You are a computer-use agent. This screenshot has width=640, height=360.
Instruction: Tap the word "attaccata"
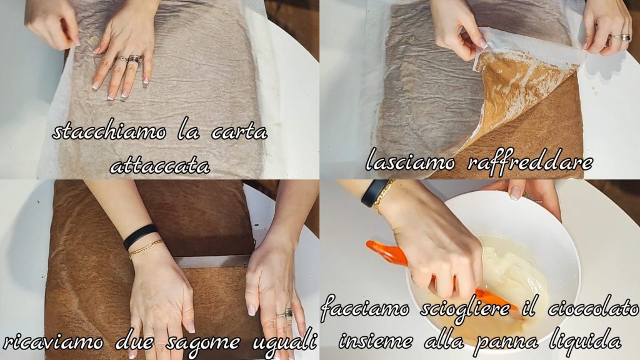pyautogui.click(x=160, y=166)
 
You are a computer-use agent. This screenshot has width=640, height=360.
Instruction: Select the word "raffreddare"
pyautogui.click(x=529, y=162)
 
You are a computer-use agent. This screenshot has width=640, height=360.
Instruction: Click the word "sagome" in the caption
pyautogui.click(x=202, y=341)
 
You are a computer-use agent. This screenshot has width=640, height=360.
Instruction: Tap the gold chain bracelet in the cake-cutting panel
pyautogui.click(x=146, y=249)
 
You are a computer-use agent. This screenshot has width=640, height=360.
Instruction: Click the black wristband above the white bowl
pyautogui.click(x=374, y=192)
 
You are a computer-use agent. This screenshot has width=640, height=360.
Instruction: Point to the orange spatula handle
pyautogui.click(x=386, y=252)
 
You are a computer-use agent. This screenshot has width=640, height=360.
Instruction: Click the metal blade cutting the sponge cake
pyautogui.click(x=214, y=261)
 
